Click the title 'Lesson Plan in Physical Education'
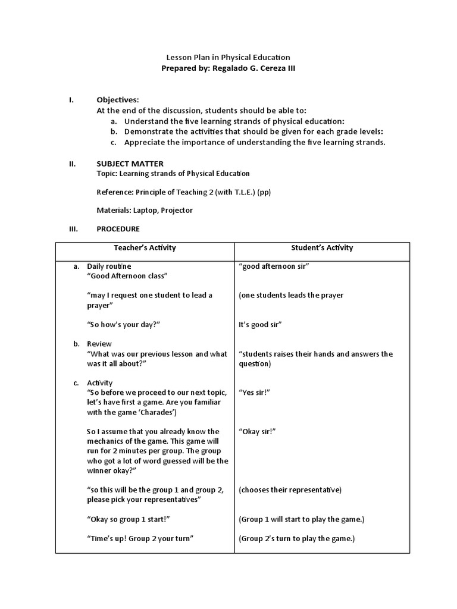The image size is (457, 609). tap(228, 58)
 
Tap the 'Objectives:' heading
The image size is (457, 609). tap(118, 100)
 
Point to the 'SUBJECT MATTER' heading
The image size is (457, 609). tap(130, 164)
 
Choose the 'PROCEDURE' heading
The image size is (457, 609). tap(118, 229)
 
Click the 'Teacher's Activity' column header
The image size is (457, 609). tap(145, 248)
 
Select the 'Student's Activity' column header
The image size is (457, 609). tap(322, 248)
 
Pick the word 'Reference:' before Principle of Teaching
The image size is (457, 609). tap(114, 192)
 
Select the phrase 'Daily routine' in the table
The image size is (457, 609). tap(109, 266)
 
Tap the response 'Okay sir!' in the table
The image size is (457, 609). tap(257, 432)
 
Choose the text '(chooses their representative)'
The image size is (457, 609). tap(290, 490)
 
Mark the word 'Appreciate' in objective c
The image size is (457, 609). tap(143, 143)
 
